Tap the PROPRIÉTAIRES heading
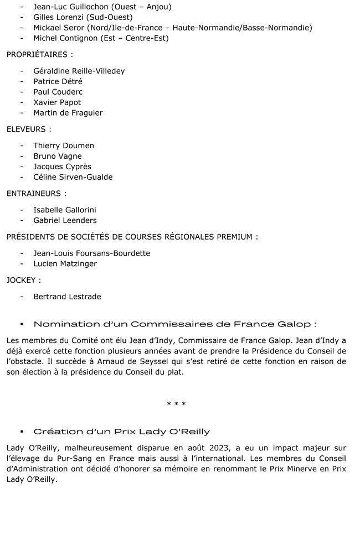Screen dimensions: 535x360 pos(39,55)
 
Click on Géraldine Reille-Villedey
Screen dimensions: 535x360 pos(79,71)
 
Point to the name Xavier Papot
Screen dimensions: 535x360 pos(57,102)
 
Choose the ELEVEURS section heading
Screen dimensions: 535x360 pos(29,129)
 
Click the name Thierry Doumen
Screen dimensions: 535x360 pos(64,146)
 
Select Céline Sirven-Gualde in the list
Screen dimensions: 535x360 pos(73,177)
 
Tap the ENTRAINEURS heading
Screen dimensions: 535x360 pos(37,194)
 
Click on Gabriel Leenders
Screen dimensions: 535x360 pos(65,220)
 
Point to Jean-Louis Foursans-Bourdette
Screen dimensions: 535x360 pos(91,253)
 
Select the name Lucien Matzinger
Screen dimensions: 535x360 pos(65,263)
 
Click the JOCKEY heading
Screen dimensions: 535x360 pos(24,280)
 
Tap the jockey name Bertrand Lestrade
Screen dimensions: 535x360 pos(67,297)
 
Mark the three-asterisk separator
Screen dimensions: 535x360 pos(176,404)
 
